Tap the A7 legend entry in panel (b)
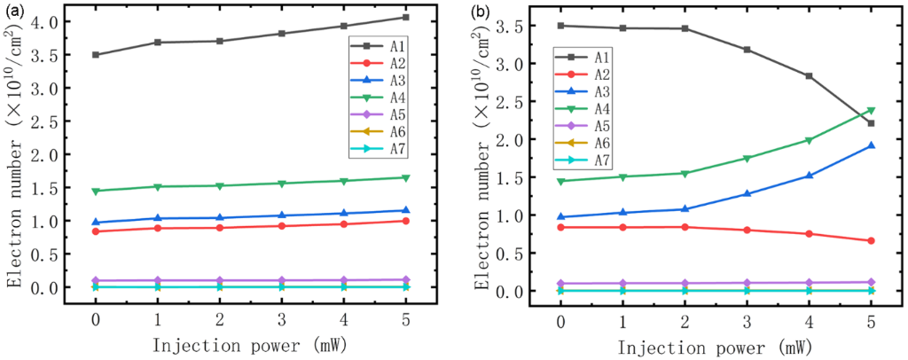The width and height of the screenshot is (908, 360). pos(581,160)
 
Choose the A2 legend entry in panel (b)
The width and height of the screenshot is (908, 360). pos(581,74)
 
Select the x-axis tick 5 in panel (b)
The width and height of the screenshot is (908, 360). pos(871,319)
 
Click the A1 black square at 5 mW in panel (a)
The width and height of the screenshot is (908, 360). pos(405,18)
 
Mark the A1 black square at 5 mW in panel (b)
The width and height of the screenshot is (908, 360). pos(871,123)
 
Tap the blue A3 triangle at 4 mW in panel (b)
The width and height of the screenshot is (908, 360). pos(809,176)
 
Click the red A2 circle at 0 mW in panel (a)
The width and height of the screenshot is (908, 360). pos(95,231)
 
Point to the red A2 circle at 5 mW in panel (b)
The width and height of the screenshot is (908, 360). pos(871,240)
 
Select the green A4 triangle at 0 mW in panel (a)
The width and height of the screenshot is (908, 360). pos(95,191)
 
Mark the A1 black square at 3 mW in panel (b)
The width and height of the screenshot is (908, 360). pos(747,50)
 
